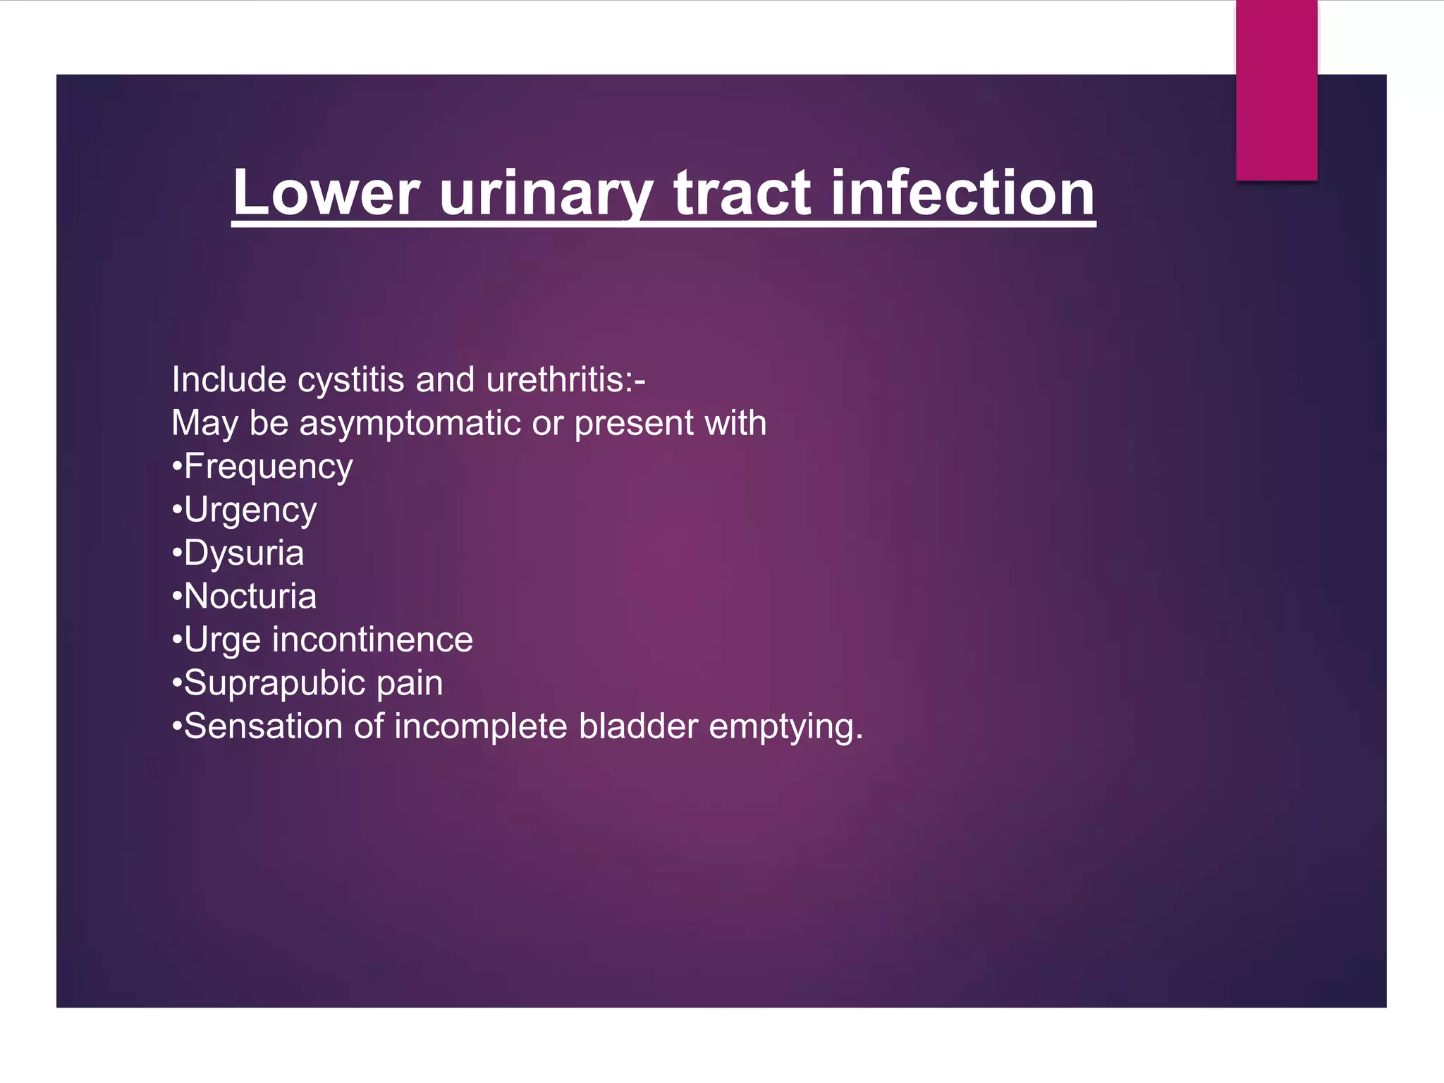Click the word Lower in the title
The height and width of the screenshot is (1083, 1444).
326,193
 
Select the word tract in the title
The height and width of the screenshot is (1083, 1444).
742,193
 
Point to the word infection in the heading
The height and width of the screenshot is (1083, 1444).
962,193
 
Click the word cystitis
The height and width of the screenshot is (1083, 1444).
350,381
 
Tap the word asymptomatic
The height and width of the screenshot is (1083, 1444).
410,424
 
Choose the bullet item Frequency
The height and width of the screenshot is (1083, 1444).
268,467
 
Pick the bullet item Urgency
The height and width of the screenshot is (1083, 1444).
250,510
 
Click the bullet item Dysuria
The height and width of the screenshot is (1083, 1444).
243,553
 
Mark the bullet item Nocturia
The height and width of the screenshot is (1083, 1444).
250,596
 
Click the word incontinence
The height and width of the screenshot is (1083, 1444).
372,640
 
